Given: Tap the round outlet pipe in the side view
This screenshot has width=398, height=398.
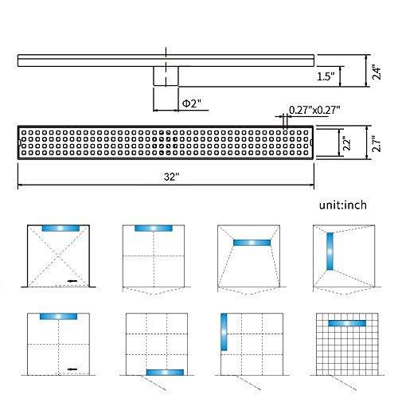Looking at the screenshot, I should (x=166, y=76).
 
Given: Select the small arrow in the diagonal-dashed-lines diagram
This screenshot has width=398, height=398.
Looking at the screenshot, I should (x=72, y=281).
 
